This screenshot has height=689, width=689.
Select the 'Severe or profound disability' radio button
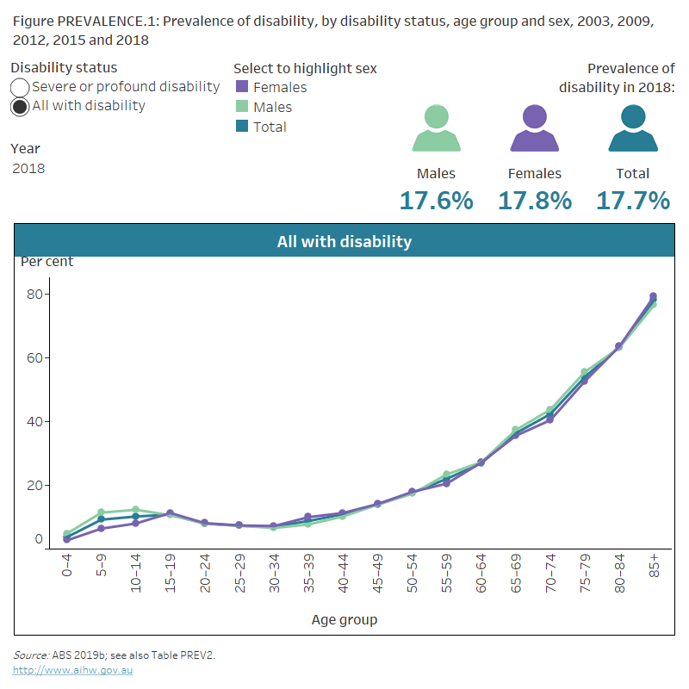point(20,87)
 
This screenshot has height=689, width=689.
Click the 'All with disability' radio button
point(20,107)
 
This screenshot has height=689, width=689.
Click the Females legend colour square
point(242,87)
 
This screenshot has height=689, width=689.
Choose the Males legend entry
point(272,107)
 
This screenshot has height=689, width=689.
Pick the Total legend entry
point(270,127)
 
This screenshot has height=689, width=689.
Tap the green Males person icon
point(436,128)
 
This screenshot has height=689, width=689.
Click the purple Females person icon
point(535,128)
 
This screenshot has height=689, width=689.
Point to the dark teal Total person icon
point(633,128)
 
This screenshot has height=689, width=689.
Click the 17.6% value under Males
point(436,201)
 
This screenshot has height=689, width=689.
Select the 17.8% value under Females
point(535,201)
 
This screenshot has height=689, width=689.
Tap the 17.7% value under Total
point(633,201)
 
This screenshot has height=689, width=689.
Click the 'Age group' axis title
point(344,619)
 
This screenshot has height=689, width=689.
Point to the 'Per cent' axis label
point(47,262)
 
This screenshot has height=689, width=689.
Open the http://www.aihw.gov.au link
point(72,670)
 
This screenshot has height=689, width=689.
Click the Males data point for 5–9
point(101,512)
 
